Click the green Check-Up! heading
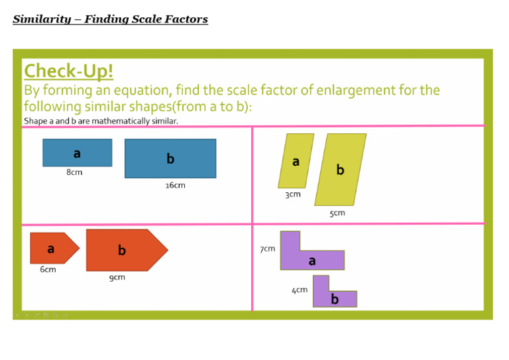(x=69, y=71)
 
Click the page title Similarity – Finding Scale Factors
(x=110, y=19)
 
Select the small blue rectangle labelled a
(x=77, y=153)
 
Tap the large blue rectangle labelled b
(x=170, y=158)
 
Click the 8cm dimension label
(x=74, y=172)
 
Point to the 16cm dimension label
(x=175, y=186)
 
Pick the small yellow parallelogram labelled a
(x=296, y=161)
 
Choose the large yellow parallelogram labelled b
(x=340, y=170)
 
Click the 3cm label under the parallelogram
(x=292, y=194)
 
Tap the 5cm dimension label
(x=337, y=213)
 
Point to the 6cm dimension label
(x=48, y=270)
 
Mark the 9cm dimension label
(x=117, y=277)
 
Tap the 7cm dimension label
(x=267, y=249)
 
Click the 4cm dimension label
(x=300, y=290)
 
